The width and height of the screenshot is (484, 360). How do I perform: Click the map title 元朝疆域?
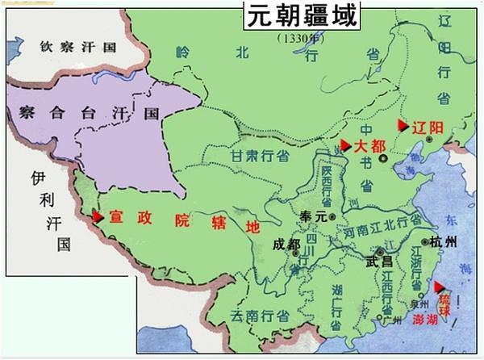302,16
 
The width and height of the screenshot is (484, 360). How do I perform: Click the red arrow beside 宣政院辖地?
98,216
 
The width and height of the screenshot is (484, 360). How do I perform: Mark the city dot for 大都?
395,158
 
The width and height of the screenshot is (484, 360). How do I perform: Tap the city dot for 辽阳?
430,140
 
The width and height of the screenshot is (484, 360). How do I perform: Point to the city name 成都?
286,243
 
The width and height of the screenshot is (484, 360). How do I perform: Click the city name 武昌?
378,261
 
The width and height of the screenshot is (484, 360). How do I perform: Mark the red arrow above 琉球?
439,287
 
